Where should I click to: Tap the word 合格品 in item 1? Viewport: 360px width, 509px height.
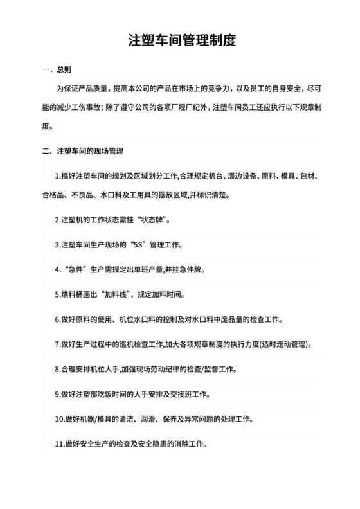pyautogui.click(x=53, y=194)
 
